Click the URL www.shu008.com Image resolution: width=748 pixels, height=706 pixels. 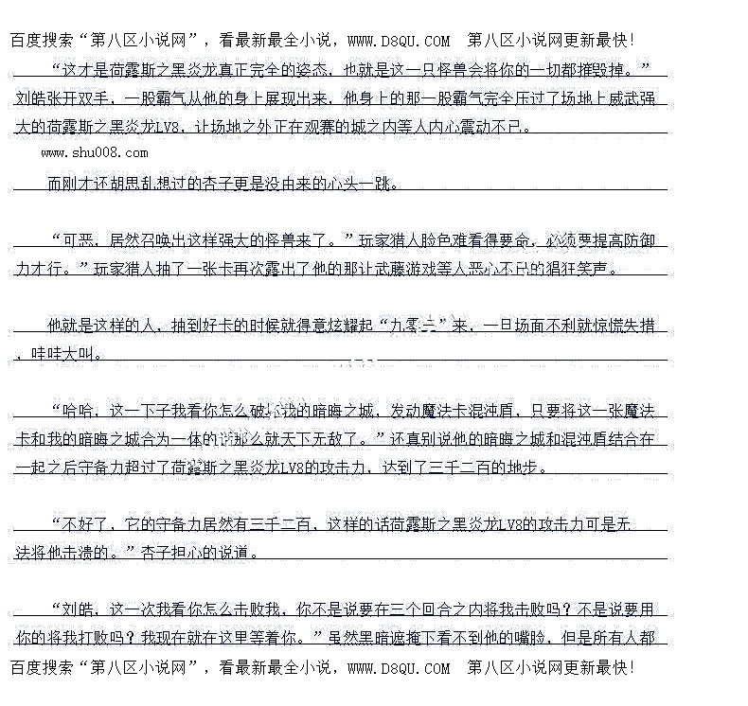95,152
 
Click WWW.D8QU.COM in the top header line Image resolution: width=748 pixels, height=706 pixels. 399,41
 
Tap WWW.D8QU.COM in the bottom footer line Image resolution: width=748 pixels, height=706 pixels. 399,668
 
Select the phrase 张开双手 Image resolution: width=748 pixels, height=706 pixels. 78,97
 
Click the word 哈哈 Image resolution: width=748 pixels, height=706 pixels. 79,411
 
